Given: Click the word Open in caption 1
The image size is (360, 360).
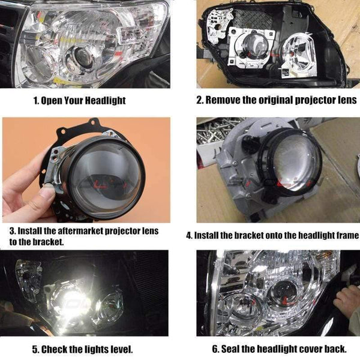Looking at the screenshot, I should [x=54, y=100].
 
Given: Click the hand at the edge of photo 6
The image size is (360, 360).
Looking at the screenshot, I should [x=348, y=300].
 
